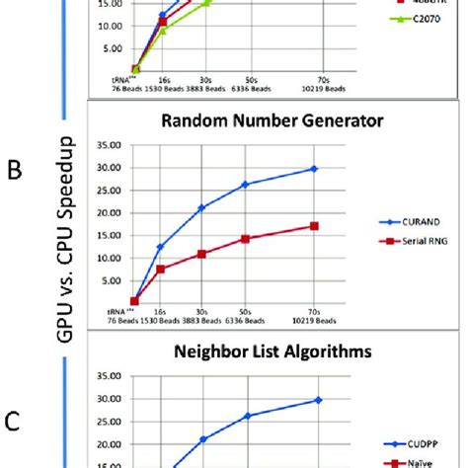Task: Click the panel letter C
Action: [x=14, y=422]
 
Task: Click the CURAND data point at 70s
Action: [x=314, y=169]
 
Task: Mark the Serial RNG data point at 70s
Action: [x=314, y=226]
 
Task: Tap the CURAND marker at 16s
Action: [x=160, y=247]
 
